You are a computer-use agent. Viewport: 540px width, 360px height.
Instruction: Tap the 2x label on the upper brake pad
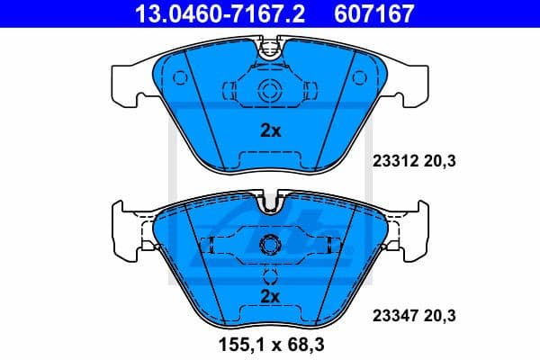[x=270, y=130]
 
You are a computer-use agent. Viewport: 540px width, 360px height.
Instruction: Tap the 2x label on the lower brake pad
[x=270, y=296]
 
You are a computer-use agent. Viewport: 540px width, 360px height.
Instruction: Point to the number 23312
[x=391, y=162]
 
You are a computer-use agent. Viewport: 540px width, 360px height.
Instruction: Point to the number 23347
[x=391, y=316]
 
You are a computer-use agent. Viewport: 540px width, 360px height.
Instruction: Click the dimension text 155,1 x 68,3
[x=270, y=345]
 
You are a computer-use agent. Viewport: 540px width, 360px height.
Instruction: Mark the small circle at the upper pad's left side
[x=179, y=77]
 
